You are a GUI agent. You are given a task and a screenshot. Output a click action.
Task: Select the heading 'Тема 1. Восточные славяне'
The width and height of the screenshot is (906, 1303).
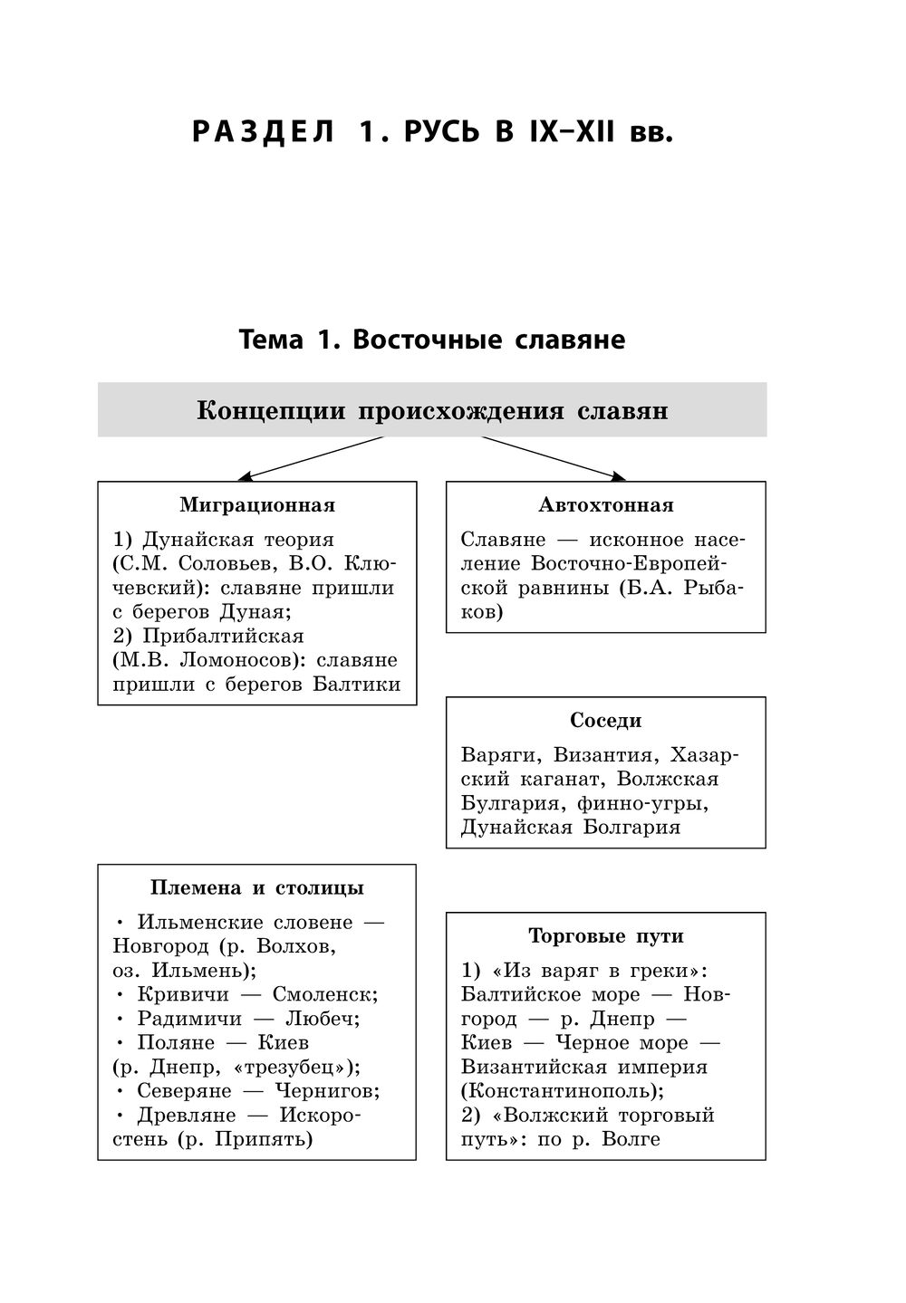[x=432, y=340]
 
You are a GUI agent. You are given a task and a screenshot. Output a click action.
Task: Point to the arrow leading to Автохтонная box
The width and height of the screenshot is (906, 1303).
[x=554, y=456]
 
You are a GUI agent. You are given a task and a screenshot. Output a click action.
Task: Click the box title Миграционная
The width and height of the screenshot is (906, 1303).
[x=257, y=505]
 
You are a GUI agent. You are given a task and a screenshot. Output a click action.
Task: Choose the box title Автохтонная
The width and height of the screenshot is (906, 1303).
[x=605, y=505]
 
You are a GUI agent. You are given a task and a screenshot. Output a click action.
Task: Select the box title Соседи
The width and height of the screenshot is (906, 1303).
[x=605, y=721]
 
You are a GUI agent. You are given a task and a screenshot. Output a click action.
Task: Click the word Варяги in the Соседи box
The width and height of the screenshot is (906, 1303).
[x=499, y=755]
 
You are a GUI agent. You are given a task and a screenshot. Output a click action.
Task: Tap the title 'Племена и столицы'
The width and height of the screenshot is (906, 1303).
[x=257, y=888]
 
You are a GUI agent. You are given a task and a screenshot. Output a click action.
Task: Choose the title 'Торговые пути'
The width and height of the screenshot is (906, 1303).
[x=605, y=936]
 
